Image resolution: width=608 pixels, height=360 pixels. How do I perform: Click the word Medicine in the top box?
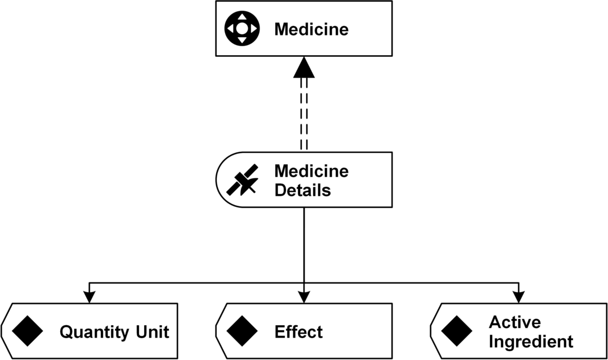click(311, 29)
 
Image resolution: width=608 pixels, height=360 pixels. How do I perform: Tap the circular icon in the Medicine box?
click(242, 28)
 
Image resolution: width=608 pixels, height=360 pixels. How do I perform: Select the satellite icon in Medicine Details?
click(243, 180)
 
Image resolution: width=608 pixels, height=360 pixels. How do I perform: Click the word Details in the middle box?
click(302, 191)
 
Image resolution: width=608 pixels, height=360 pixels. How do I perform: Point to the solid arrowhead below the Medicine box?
click(304, 67)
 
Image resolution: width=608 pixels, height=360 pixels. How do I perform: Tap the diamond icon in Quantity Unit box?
click(28, 331)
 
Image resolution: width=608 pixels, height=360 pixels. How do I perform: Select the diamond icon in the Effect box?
click(243, 331)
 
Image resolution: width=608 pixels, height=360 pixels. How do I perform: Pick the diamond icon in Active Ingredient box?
click(457, 331)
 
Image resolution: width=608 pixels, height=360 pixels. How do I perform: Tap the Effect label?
click(298, 332)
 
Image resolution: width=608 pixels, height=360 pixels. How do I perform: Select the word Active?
click(515, 322)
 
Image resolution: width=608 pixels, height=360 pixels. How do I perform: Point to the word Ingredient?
click(531, 341)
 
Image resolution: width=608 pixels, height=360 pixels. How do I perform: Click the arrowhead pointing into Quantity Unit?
click(88, 296)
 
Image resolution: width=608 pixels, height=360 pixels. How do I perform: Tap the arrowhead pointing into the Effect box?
click(304, 296)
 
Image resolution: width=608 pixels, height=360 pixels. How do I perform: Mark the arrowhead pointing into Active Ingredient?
click(519, 296)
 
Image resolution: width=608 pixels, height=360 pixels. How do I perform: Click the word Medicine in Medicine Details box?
click(311, 171)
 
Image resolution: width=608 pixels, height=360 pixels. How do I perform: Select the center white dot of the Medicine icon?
click(242, 28)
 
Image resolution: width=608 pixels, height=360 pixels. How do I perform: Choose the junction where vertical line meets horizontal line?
click(304, 282)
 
